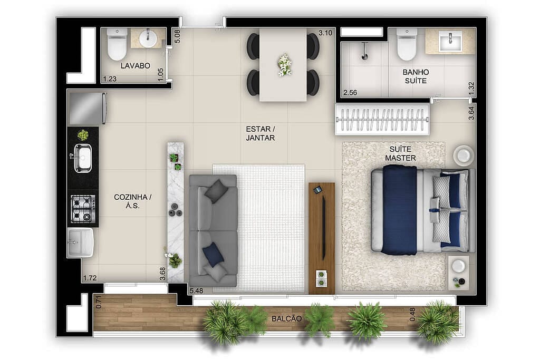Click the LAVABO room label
tap(135, 66)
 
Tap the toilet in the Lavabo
tap(117, 44)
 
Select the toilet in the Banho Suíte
tap(407, 44)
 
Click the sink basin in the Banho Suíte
tap(450, 41)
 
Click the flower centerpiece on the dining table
tap(284, 64)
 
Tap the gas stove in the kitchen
tap(83, 209)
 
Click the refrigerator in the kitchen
tap(87, 108)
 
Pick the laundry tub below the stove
tap(81, 242)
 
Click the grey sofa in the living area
tap(213, 230)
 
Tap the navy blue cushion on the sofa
tap(213, 255)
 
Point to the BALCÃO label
tap(287, 319)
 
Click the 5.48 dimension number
tap(196, 290)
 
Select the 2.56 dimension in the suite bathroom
tap(350, 93)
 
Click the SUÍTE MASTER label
tap(400, 154)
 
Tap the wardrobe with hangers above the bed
tap(382, 120)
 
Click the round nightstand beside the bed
tap(464, 155)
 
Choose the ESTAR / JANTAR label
tap(260, 133)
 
